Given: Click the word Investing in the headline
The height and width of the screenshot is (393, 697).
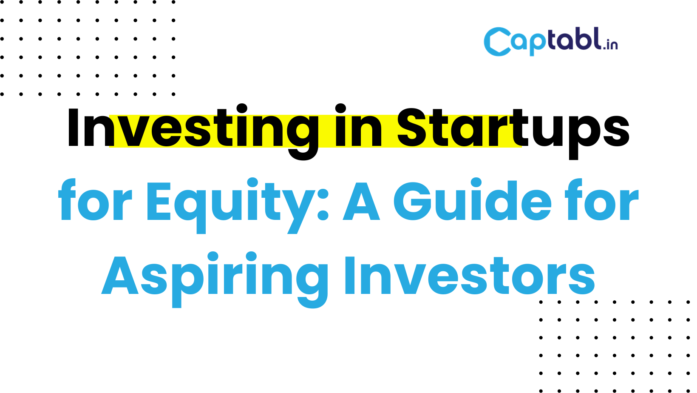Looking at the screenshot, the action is tap(193, 131).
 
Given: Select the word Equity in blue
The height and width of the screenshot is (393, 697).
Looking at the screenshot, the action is tap(229, 205).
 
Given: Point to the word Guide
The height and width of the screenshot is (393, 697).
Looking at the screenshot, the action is tap(472, 199).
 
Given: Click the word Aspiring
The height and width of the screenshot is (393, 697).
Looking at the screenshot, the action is tap(215, 279).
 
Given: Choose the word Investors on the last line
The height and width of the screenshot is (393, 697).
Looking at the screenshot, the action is tap(470, 275).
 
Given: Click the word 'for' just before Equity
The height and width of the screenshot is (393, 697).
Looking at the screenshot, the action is tap(95, 199).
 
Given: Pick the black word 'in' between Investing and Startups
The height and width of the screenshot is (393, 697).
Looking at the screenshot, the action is tap(358, 125).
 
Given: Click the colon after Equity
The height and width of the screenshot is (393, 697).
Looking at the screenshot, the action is tap(323, 205).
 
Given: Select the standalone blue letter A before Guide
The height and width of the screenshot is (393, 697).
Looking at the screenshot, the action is tap(361, 201).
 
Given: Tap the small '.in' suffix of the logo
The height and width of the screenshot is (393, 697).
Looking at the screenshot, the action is tap(610, 45).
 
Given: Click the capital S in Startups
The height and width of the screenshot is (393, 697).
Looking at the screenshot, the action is tap(414, 127).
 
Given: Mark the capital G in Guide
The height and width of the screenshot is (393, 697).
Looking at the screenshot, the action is tap(413, 201).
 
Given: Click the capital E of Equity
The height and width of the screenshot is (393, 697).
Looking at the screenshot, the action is tap(159, 201).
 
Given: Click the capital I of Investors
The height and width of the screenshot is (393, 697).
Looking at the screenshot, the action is tap(350, 275).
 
